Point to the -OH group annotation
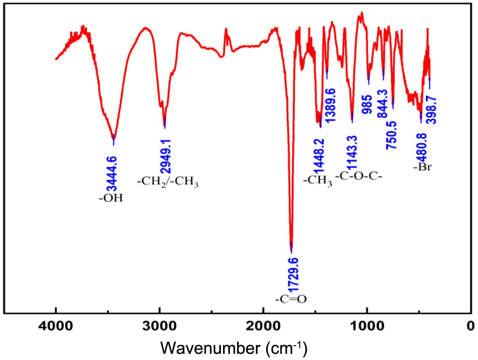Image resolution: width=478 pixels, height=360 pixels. point(111,198)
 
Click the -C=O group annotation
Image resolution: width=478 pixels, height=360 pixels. point(291,299)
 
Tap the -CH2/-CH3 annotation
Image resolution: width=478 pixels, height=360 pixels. point(168,182)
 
